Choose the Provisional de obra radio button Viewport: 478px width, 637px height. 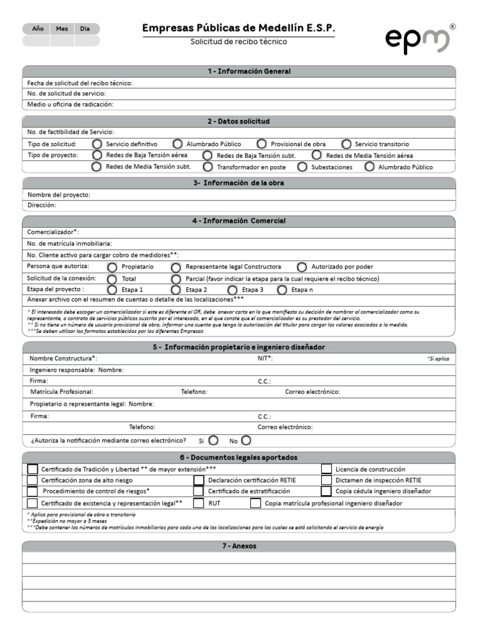pyautogui.click(x=261, y=144)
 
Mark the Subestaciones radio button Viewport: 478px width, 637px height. pyautogui.click(x=302, y=167)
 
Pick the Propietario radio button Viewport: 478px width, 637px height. pyautogui.click(x=112, y=267)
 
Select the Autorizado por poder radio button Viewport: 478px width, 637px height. pyautogui.click(x=302, y=267)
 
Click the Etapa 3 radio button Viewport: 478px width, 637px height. pyautogui.click(x=232, y=290)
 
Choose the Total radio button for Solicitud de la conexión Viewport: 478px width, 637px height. pyautogui.click(x=112, y=279)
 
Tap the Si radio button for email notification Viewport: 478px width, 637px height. pyautogui.click(x=213, y=440)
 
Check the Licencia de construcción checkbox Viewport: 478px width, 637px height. pyautogui.click(x=326, y=469)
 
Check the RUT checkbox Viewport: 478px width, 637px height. pyautogui.click(x=199, y=503)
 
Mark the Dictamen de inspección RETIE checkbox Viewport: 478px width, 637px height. pyautogui.click(x=326, y=480)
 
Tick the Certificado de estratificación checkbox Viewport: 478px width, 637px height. pyautogui.click(x=199, y=491)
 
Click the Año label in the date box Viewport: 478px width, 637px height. pyautogui.click(x=37, y=29)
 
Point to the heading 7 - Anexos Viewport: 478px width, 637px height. pyautogui.click(x=239, y=546)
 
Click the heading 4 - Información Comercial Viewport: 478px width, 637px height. pyautogui.click(x=239, y=221)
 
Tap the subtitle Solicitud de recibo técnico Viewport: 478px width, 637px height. pyautogui.click(x=239, y=42)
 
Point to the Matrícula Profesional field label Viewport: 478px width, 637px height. pyautogui.click(x=62, y=392)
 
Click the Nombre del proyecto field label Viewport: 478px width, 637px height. pyautogui.click(x=59, y=195)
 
